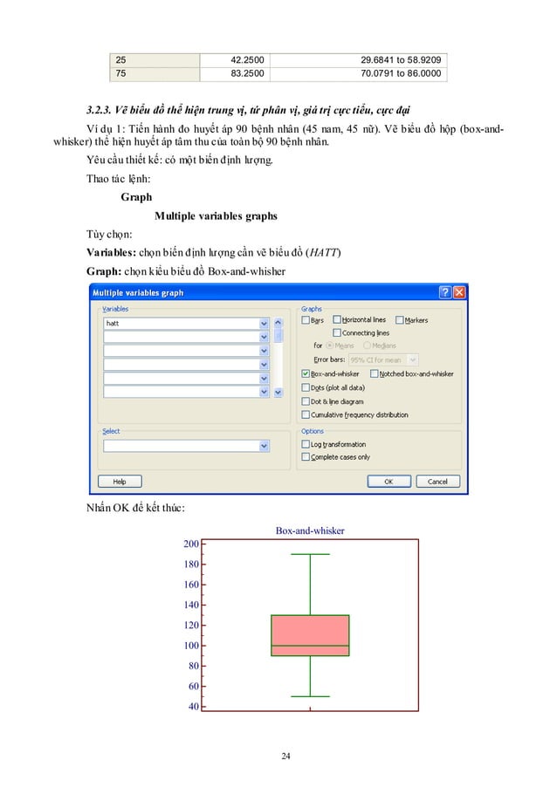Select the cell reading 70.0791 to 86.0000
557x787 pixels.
[402, 74]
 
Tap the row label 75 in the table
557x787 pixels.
[121, 74]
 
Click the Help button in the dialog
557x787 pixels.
[120, 481]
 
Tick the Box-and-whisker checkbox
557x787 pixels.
[306, 373]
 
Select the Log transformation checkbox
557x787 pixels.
[306, 444]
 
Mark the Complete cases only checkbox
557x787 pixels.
[306, 456]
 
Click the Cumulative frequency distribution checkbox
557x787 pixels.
[306, 414]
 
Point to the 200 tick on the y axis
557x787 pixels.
[190, 544]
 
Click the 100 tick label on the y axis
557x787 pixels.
[190, 646]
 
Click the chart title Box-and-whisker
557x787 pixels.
[310, 530]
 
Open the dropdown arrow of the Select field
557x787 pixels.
[265, 446]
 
